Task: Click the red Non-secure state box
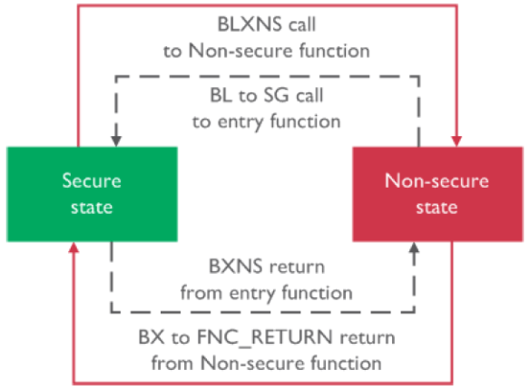(436, 193)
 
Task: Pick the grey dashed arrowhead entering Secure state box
(115, 141)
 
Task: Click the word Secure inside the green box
(91, 180)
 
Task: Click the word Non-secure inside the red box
(436, 180)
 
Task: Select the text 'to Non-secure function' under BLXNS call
(266, 51)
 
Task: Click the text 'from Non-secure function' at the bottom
(266, 363)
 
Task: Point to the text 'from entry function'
(266, 293)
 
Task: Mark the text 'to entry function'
(266, 120)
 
